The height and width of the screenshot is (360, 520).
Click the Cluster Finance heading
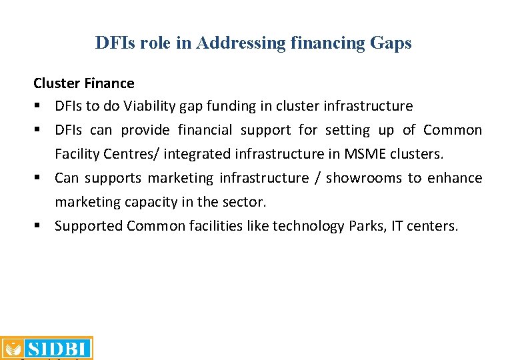(84, 83)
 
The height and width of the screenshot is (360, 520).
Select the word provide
(145, 130)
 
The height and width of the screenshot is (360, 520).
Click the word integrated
(198, 154)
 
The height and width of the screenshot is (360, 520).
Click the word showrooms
(363, 178)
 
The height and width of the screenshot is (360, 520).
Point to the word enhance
(455, 178)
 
